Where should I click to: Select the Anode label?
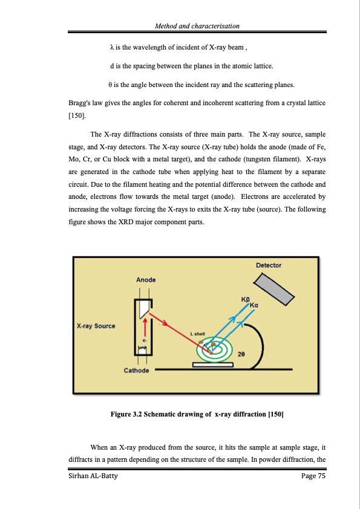[x=146, y=279]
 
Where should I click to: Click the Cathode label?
[x=137, y=370]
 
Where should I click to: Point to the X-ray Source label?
[x=96, y=326]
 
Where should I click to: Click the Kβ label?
[x=245, y=299]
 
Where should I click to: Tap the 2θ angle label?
[x=241, y=354]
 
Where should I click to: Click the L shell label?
[x=197, y=333]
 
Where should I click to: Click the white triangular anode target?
[x=143, y=310]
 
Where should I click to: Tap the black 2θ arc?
[x=258, y=345]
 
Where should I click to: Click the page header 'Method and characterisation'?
[x=197, y=26]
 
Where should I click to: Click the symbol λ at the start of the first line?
[x=111, y=47]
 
